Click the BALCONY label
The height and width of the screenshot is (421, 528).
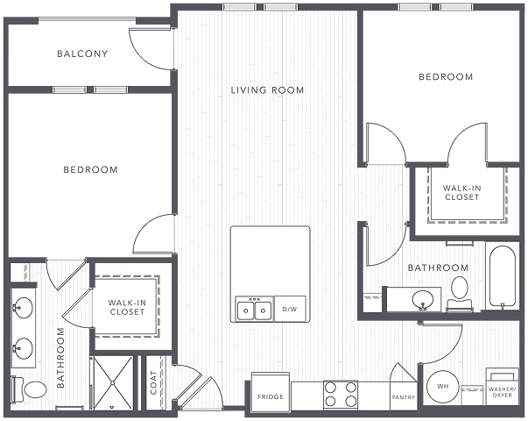point(82,54)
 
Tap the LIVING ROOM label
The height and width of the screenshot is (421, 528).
point(267,90)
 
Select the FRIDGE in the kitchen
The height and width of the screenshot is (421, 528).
point(270,391)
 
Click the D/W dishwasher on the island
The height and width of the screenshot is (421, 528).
point(290,309)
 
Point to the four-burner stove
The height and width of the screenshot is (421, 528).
point(341,395)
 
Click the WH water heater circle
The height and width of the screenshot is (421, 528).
point(442,387)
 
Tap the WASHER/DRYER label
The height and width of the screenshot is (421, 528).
point(502,392)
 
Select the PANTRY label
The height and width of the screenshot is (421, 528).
point(404,397)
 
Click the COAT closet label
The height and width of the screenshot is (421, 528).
point(153,383)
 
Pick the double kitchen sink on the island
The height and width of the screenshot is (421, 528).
point(254,309)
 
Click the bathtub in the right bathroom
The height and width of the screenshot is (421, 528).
point(502,277)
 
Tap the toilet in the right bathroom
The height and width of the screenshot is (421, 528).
point(460,293)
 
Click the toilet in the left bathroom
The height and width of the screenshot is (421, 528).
point(29,390)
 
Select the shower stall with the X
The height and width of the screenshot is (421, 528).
point(112,382)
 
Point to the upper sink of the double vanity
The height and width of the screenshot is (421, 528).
point(23,308)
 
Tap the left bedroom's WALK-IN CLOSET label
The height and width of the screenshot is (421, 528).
point(127,307)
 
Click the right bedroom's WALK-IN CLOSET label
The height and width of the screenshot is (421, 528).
point(461,193)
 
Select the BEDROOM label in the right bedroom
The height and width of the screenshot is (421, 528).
point(446,77)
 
